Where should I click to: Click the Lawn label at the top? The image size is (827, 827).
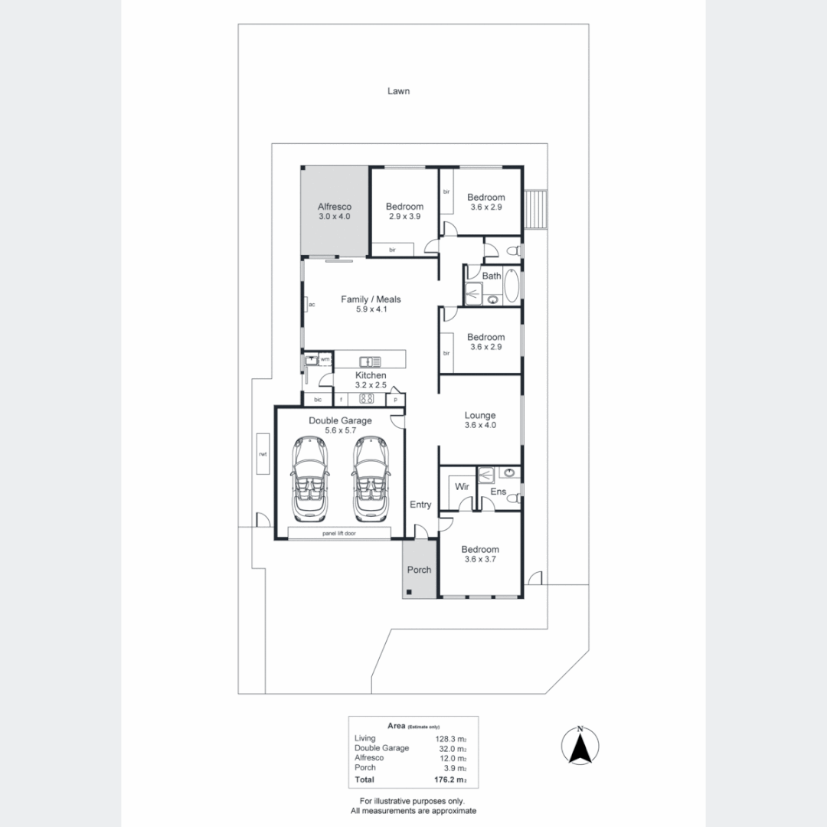398,91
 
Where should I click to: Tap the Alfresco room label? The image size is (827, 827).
334,207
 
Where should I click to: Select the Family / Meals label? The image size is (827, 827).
371,299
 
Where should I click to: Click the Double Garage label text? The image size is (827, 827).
340,420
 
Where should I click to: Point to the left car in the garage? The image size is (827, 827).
309,478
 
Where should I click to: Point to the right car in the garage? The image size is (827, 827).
371,478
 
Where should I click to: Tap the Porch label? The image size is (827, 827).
419,570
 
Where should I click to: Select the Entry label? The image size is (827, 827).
420,505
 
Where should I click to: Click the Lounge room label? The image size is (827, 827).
480,416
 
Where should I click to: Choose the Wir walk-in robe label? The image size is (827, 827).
462,486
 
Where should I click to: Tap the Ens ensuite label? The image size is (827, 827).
498,492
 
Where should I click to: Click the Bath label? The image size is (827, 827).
492,276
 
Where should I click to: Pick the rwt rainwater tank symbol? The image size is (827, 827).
263,454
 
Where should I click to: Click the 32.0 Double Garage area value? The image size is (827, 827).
451,748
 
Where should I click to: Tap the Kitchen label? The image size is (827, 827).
371,375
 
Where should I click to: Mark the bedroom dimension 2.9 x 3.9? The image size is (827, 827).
404,217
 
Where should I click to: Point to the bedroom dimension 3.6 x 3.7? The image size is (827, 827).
480,560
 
